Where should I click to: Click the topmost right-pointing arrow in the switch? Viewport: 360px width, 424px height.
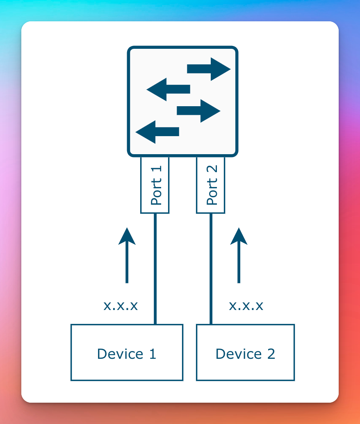(209, 69)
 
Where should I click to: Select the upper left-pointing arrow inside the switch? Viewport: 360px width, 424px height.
(169, 89)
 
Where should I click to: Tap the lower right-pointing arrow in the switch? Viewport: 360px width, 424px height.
(198, 111)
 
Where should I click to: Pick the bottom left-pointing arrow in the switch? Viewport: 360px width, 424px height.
(157, 132)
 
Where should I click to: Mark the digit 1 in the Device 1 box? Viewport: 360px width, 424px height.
(152, 353)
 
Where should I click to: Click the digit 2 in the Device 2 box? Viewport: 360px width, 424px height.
(271, 353)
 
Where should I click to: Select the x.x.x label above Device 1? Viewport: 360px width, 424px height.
(121, 306)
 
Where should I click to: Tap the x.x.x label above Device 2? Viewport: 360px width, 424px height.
(246, 306)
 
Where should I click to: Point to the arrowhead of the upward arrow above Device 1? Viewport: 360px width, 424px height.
(127, 237)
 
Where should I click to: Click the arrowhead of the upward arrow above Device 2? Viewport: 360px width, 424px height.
(239, 237)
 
